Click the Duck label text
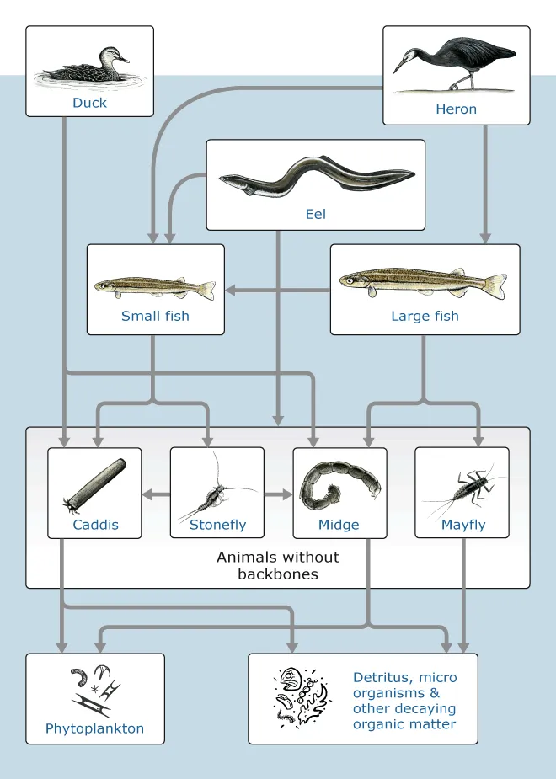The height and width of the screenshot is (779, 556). click(x=89, y=104)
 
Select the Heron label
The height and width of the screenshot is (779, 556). click(x=456, y=109)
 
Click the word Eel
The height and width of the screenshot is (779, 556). click(x=315, y=214)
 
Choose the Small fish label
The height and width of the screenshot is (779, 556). click(x=155, y=317)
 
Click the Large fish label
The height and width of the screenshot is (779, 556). click(x=425, y=317)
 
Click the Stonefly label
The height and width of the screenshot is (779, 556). click(x=217, y=525)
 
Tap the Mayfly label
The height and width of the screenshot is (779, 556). click(x=463, y=525)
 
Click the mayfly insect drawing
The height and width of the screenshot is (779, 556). click(x=464, y=488)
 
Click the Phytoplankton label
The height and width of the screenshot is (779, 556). click(x=94, y=728)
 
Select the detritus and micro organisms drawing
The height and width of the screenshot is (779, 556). click(x=302, y=696)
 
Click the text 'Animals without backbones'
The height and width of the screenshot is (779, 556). click(x=278, y=565)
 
